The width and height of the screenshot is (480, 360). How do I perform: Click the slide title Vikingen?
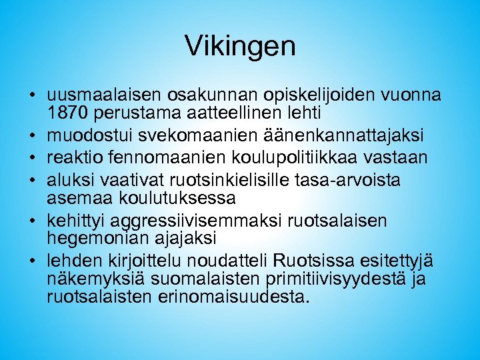click(240, 46)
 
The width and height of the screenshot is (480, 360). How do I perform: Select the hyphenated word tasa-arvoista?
click(362, 180)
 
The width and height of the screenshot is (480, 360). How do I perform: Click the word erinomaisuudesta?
click(236, 295)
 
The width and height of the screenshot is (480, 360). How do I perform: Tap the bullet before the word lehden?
click(31, 261)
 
